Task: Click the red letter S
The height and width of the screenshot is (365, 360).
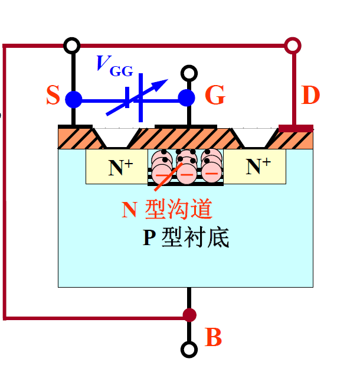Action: (x=53, y=96)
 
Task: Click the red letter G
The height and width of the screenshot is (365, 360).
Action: (x=215, y=96)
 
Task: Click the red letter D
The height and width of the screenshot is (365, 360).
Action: (x=310, y=96)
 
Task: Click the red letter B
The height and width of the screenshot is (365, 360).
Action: (x=214, y=338)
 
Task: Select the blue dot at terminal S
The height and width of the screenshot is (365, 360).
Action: (x=73, y=99)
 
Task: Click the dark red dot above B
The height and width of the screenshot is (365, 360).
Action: (x=188, y=315)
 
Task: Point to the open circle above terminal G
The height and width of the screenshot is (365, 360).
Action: (x=188, y=73)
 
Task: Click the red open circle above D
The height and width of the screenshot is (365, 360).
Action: (x=292, y=45)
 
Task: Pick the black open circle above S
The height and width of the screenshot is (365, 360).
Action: (x=72, y=45)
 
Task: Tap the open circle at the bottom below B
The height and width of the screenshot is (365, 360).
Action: (x=188, y=350)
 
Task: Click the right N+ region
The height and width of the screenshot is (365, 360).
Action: (x=258, y=167)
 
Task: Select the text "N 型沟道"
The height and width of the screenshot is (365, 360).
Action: (x=166, y=210)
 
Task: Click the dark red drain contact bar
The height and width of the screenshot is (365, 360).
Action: (x=296, y=128)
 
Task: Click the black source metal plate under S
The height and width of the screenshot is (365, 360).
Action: (x=75, y=126)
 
